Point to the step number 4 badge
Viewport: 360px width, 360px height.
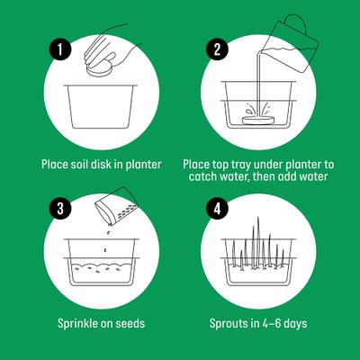[x=217, y=208]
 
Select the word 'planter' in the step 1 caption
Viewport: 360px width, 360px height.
[x=141, y=165]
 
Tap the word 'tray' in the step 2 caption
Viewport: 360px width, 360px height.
[x=248, y=165]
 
